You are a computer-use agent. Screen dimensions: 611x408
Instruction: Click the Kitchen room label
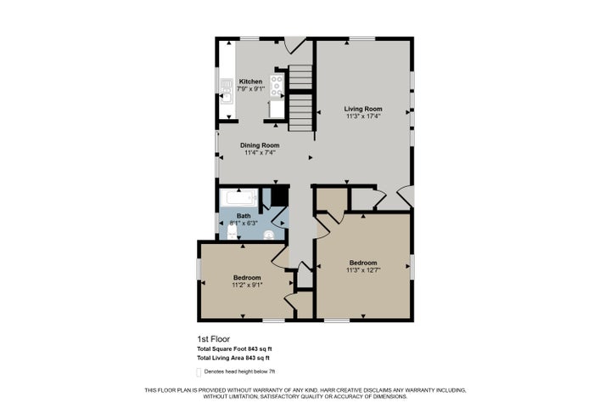(250, 82)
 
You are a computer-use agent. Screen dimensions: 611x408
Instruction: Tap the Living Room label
(363, 109)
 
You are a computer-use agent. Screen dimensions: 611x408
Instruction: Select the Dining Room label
(260, 145)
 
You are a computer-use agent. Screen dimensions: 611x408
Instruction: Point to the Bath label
(244, 216)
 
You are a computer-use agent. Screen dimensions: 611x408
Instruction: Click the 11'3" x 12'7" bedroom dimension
(363, 269)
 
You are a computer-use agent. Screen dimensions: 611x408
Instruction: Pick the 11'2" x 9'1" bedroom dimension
(247, 285)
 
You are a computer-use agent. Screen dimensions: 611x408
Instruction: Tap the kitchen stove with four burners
(277, 86)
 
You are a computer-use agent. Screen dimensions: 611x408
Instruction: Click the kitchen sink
(226, 91)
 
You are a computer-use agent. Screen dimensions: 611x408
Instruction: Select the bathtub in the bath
(238, 197)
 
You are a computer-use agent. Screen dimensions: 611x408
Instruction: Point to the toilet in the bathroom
(233, 233)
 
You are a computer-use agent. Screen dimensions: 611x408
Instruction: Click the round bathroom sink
(268, 235)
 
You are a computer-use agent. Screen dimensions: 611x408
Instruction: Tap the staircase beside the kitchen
(300, 98)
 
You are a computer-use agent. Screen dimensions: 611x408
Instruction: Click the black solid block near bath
(280, 196)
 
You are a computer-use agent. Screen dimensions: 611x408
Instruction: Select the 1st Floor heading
(214, 339)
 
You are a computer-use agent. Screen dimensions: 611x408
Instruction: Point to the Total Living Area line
(233, 358)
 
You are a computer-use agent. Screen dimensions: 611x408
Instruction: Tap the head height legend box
(199, 372)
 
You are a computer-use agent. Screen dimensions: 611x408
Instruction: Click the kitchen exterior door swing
(294, 45)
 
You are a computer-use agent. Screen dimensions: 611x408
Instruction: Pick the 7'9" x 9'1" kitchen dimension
(250, 88)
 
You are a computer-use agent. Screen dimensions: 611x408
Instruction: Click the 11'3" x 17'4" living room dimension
(363, 116)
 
